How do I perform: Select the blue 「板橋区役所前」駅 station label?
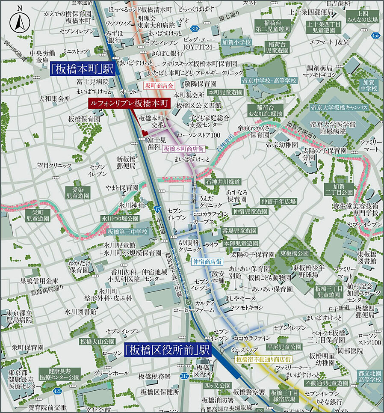168,351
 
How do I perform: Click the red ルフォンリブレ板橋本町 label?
129,103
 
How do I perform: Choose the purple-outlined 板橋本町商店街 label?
184,149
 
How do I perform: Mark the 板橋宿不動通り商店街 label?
264,359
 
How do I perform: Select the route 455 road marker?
375,36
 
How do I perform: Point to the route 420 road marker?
56,391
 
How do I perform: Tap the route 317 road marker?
184,376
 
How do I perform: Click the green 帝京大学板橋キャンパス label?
339,107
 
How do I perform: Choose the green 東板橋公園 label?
295,253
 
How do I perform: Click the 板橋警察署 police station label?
249,392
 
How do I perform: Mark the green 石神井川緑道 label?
224,181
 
